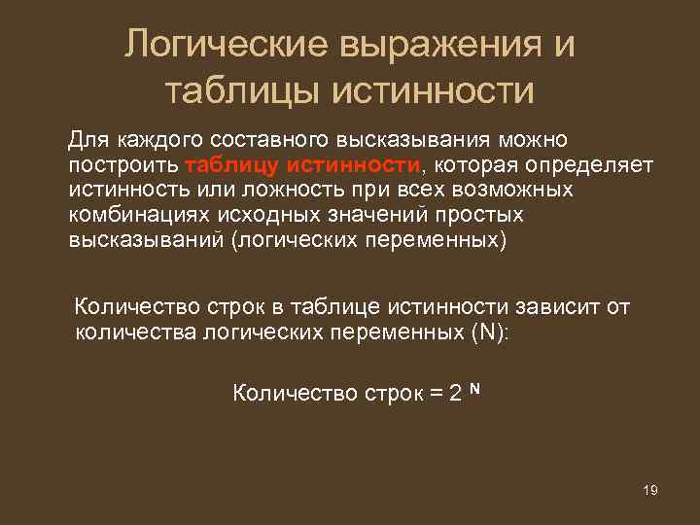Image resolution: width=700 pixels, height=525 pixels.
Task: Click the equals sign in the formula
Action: pyautogui.click(x=435, y=394)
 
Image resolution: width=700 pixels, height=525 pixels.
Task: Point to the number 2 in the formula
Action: pyautogui.click(x=456, y=394)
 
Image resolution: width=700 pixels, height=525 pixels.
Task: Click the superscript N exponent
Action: pyautogui.click(x=474, y=388)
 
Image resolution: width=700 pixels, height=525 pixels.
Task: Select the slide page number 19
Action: pyautogui.click(x=650, y=490)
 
